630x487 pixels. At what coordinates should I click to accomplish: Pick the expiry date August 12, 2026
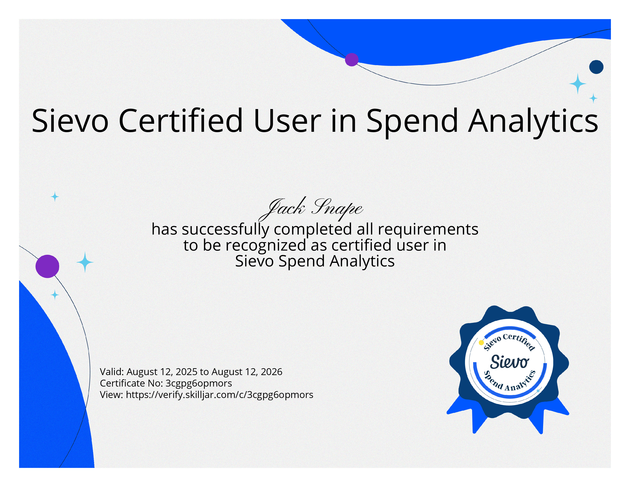click(247, 372)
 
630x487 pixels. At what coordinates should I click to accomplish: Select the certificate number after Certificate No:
click(199, 383)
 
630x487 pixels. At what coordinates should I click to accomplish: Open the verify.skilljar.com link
click(220, 395)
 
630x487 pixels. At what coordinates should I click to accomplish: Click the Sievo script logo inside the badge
click(509, 362)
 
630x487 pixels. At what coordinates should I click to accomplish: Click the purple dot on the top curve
click(352, 60)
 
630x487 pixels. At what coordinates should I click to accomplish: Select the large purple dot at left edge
click(47, 266)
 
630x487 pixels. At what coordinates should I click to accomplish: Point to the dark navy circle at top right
click(596, 67)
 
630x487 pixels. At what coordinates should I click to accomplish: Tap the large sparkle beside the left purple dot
click(85, 262)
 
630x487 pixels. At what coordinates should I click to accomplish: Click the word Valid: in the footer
click(112, 372)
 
